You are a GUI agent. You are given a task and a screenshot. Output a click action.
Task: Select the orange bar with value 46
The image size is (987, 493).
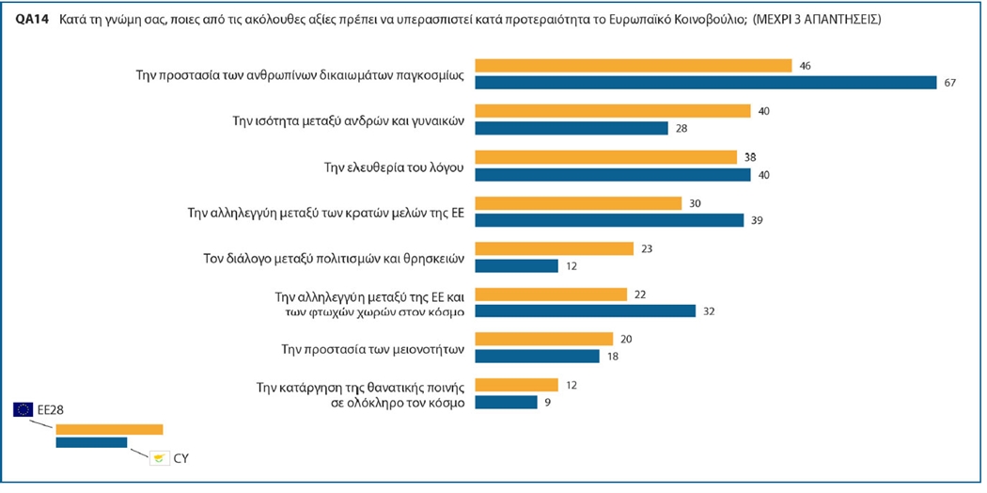[x=634, y=66]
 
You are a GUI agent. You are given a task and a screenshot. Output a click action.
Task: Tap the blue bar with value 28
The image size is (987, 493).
[x=572, y=128]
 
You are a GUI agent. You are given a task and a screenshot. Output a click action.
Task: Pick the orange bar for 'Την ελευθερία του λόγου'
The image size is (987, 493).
[x=606, y=157]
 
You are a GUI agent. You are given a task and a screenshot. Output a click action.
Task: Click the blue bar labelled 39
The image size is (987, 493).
[x=610, y=219]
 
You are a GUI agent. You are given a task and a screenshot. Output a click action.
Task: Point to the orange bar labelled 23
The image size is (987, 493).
[x=555, y=248]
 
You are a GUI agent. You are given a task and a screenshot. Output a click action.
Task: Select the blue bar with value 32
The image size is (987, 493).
[x=586, y=311]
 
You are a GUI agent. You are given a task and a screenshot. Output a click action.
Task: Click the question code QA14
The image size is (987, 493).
[x=33, y=19]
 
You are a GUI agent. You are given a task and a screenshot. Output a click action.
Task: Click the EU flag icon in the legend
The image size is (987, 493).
[x=23, y=409]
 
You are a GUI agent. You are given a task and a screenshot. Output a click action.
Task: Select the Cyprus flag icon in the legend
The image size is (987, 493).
[x=162, y=458]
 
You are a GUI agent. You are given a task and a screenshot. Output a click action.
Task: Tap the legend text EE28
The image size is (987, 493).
[x=51, y=409]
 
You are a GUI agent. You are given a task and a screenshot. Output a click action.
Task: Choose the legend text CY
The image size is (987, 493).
[x=182, y=458]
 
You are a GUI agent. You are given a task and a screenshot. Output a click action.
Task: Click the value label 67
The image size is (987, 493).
[x=949, y=83]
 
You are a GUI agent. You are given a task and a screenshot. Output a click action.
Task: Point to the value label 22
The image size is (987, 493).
[x=640, y=294]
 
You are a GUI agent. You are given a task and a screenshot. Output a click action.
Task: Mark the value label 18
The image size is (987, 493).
[x=612, y=357]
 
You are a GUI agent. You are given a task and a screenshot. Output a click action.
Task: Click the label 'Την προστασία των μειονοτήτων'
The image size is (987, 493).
[x=374, y=348]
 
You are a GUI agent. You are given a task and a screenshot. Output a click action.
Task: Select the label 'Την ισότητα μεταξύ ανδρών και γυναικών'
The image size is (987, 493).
[x=349, y=119]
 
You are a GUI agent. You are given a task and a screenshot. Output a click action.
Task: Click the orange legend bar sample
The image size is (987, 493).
[x=109, y=429]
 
